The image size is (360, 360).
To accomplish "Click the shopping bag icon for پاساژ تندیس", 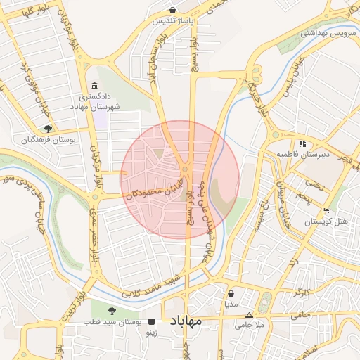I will [x=174, y=10].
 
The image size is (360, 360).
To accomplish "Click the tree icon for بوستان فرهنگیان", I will [x=48, y=129].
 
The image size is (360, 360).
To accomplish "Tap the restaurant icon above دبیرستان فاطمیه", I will [x=302, y=143].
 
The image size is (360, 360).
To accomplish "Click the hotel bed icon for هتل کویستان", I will [x=326, y=211].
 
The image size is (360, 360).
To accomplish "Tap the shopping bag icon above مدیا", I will [x=231, y=294].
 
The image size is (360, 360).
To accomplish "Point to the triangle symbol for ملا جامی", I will [x=249, y=315].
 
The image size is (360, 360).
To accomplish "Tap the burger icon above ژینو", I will [x=151, y=320].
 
